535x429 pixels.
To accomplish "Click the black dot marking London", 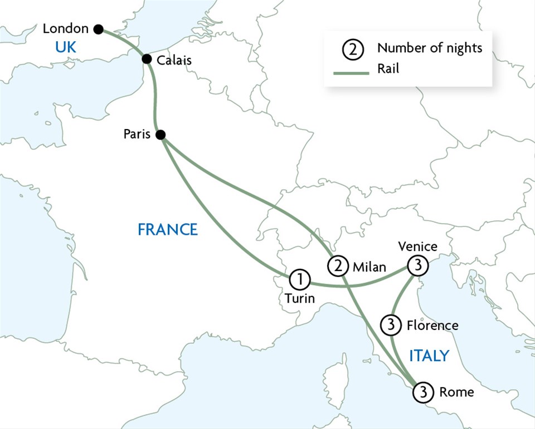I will [x=99, y=29].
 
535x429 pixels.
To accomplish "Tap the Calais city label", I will [x=174, y=61].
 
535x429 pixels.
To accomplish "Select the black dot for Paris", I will [x=160, y=135].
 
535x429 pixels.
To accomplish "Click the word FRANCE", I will [x=168, y=229].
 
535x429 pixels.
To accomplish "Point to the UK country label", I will [x=65, y=48].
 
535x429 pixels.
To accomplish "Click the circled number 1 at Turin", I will [x=299, y=278].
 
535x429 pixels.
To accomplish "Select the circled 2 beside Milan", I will [x=338, y=267].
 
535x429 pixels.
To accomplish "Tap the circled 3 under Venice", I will [x=418, y=267].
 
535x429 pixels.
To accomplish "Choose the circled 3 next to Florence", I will [x=391, y=324].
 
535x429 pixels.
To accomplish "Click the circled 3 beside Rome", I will [x=422, y=392].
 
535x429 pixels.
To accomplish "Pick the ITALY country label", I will [x=429, y=356].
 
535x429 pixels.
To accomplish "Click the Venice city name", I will [x=418, y=246].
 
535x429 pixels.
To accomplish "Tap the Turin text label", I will [x=299, y=299].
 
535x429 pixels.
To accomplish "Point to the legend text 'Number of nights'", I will [x=429, y=48].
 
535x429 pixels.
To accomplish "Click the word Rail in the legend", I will [x=388, y=69].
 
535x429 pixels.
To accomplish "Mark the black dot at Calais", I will [x=147, y=59].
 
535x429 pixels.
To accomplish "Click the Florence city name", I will [x=432, y=325].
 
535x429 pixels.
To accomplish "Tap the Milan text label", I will [x=369, y=267].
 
